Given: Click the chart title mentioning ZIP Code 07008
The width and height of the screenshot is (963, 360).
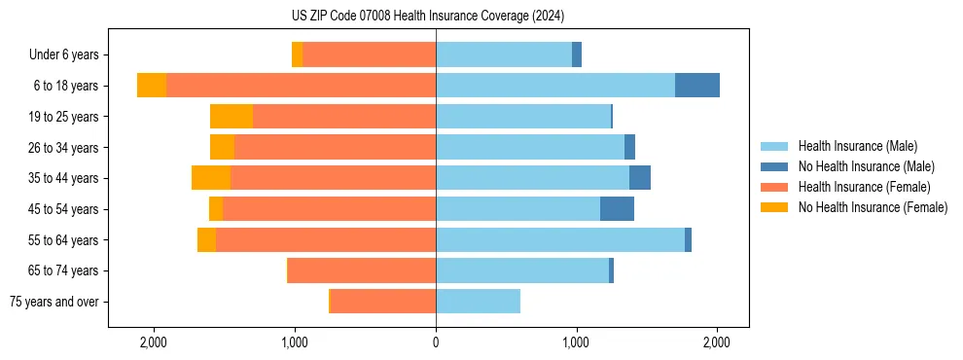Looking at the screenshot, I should tap(427, 16).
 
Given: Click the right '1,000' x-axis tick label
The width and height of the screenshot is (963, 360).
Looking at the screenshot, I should tap(576, 342).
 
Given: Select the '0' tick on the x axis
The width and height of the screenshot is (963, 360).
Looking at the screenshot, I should tap(436, 342).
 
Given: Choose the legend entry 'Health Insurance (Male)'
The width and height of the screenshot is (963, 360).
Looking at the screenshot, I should tap(857, 146).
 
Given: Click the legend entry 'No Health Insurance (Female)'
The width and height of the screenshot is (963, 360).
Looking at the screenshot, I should tap(873, 207).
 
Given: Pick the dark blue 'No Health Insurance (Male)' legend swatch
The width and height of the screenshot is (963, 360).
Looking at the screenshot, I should tap(774, 166).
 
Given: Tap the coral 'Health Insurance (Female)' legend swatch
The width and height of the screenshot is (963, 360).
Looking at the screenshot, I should tap(774, 187).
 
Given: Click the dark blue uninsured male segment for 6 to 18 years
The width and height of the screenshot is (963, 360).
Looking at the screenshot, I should tap(697, 86).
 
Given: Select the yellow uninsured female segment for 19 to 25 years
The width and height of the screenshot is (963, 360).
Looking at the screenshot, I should tap(232, 117).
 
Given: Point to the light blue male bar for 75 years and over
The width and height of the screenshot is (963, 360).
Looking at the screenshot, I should tap(478, 302).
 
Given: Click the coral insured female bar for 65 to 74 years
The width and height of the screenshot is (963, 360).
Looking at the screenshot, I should tap(362, 270).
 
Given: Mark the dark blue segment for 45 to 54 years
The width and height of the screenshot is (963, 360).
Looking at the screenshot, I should tap(617, 209).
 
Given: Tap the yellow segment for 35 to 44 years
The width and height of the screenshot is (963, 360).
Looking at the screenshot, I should tap(211, 178).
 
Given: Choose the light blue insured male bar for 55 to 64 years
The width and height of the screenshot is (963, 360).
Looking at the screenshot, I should tap(560, 239).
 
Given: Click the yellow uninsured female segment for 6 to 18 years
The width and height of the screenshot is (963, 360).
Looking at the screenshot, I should tap(152, 86).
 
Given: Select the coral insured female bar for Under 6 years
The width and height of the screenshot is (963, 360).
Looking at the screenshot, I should tap(369, 55).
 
